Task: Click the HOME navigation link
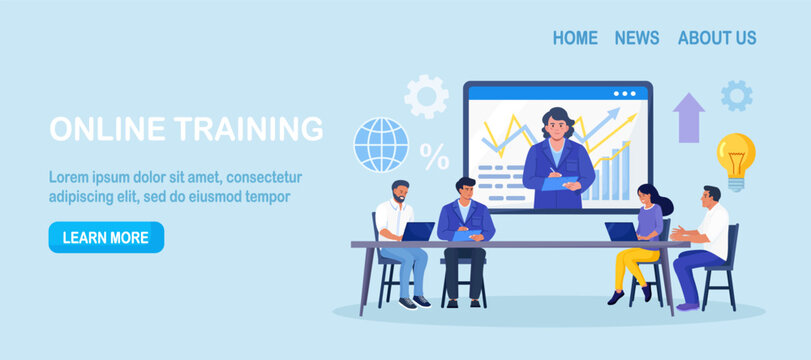pyautogui.click(x=575, y=38)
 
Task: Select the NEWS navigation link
pyautogui.click(x=637, y=38)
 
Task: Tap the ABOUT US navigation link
pyautogui.click(x=717, y=38)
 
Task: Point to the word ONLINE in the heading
pyautogui.click(x=107, y=130)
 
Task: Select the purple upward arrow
pyautogui.click(x=689, y=117)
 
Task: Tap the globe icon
pyautogui.click(x=381, y=145)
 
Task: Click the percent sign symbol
pyautogui.click(x=434, y=157)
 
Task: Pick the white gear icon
pyautogui.click(x=426, y=97)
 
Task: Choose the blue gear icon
pyautogui.click(x=737, y=96)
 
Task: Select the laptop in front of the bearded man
pyautogui.click(x=418, y=232)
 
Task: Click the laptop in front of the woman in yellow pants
pyautogui.click(x=621, y=232)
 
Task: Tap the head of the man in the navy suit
pyautogui.click(x=465, y=189)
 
